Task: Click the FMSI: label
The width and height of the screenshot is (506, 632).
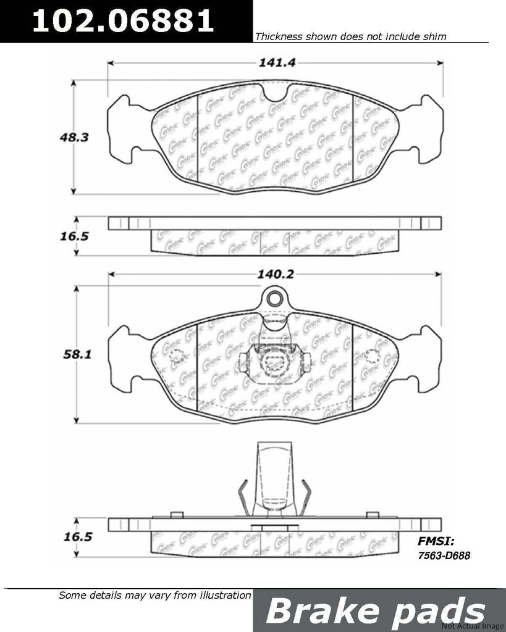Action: [436, 541]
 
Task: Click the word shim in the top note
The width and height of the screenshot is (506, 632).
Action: [435, 36]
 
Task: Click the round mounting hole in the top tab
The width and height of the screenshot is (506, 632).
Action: [276, 301]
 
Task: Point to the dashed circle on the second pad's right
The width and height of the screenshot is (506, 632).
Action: [372, 357]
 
